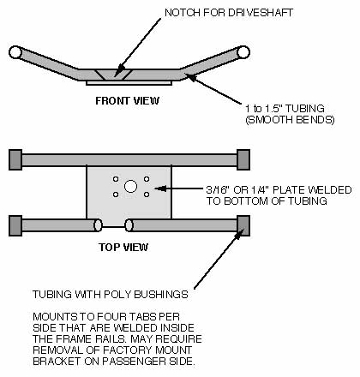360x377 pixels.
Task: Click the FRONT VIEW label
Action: point(127,100)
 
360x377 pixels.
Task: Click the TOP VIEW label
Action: point(123,247)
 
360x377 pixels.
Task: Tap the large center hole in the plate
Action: point(130,186)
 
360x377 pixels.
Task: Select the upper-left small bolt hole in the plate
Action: point(116,179)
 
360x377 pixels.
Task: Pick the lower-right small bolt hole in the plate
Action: point(147,194)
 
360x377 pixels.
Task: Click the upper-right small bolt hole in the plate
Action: point(147,179)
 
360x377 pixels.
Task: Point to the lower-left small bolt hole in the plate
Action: point(116,194)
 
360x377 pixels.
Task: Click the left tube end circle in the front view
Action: point(15,52)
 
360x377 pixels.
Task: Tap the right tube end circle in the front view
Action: point(243,52)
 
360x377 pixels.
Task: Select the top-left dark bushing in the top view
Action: point(15,159)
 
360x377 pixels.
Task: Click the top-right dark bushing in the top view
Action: point(243,159)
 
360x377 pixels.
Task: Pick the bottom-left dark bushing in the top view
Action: point(15,225)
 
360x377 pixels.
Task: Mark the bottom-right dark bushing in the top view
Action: point(243,225)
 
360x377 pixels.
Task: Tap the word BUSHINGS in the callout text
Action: point(161,295)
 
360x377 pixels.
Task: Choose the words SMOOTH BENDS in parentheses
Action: point(290,120)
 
